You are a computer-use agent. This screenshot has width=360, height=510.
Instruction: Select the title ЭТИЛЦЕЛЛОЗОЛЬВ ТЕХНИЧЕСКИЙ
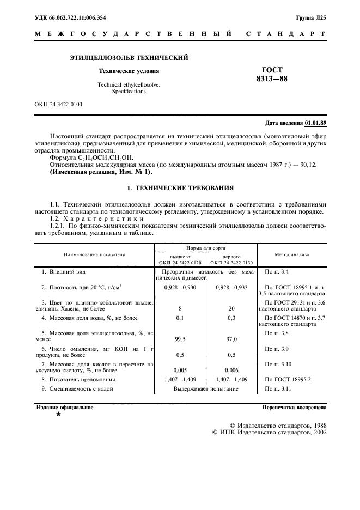[x=129, y=57]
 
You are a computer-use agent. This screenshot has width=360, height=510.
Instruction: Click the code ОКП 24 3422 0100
[x=58, y=104]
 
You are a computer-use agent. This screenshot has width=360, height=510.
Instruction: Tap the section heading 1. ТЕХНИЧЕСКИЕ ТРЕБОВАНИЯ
[x=180, y=187]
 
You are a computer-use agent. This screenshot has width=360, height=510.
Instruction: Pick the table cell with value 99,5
[x=180, y=339]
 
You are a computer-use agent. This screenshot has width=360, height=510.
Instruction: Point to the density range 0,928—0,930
[x=180, y=286]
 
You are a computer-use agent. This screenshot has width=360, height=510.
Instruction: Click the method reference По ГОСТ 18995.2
[x=289, y=379]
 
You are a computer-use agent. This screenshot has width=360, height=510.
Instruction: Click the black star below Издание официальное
[x=58, y=415]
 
